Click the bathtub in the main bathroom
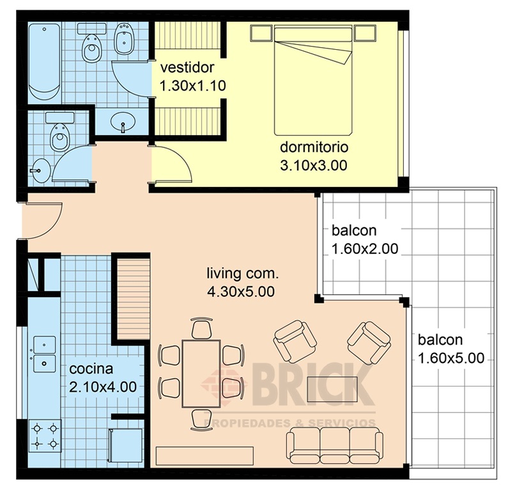click(44, 61)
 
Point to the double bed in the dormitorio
click(313, 80)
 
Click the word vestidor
click(187, 68)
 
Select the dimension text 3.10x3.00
click(314, 166)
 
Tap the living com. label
click(243, 273)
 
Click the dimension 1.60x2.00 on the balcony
click(365, 249)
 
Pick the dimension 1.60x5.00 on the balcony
click(451, 358)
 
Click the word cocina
click(91, 369)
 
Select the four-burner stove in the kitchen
click(45, 436)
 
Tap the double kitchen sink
click(44, 354)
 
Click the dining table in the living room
click(201, 374)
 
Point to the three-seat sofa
click(335, 446)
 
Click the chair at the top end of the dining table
click(201, 328)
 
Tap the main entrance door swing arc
click(52, 226)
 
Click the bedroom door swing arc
click(179, 158)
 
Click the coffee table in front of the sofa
click(332, 389)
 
